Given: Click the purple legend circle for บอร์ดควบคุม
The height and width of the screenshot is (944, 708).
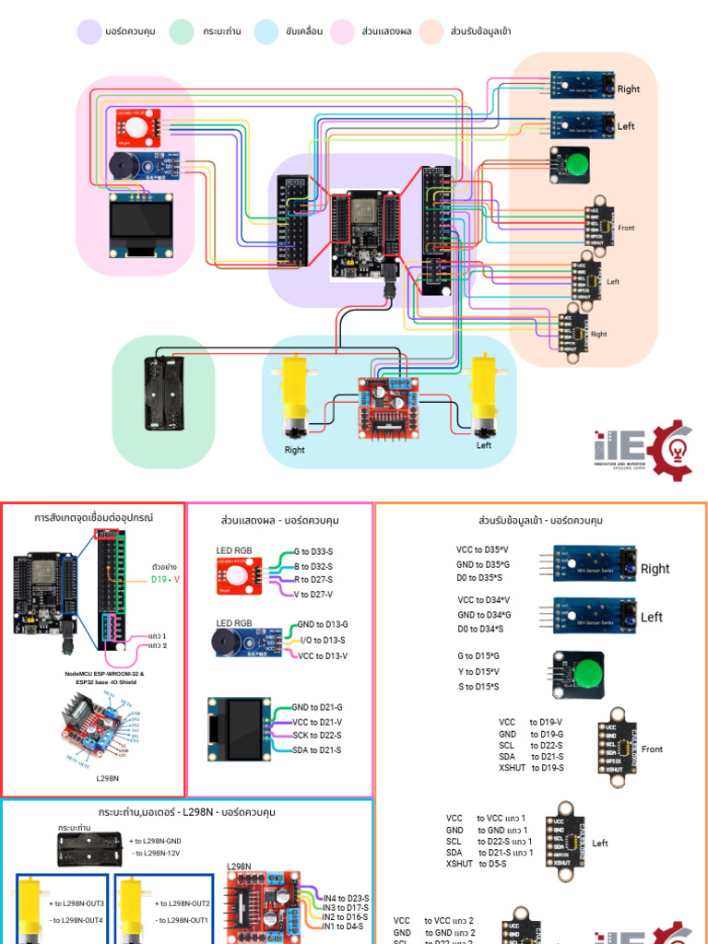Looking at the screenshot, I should click(x=88, y=31).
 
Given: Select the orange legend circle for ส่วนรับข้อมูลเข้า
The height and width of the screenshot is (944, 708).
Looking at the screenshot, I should click(x=431, y=31).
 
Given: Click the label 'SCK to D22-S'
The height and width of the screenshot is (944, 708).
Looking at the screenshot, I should click(x=316, y=735).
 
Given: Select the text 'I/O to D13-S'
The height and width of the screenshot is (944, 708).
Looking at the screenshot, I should click(x=320, y=639).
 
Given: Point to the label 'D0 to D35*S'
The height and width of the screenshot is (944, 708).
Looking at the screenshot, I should click(x=479, y=577).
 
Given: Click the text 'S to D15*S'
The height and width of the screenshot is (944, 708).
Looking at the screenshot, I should click(x=478, y=687).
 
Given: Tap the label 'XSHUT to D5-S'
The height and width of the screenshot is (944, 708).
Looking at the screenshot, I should click(x=474, y=864).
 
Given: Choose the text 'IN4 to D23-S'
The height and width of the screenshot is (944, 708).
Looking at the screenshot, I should click(x=346, y=898).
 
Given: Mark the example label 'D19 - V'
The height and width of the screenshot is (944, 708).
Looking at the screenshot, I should click(x=165, y=580).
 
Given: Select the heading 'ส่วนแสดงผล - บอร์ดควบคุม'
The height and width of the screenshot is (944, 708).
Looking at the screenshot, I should click(x=279, y=520).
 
